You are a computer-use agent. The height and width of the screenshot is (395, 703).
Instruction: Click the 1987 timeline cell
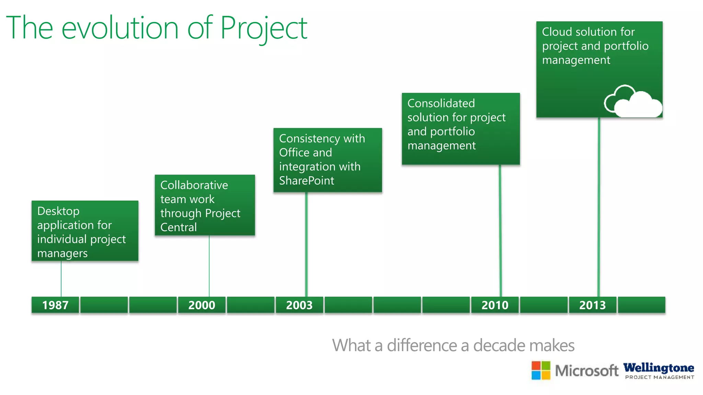click(x=55, y=305)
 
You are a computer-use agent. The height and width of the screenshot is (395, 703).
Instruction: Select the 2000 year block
click(x=201, y=305)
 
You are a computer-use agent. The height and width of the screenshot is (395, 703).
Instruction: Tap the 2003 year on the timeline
click(x=299, y=305)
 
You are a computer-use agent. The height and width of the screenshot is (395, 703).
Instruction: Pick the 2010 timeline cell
click(x=495, y=305)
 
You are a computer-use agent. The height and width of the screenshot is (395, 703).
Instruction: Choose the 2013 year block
click(x=592, y=305)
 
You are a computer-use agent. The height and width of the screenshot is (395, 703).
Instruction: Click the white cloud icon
click(x=633, y=102)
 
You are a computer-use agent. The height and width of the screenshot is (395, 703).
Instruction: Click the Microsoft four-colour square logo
click(x=541, y=370)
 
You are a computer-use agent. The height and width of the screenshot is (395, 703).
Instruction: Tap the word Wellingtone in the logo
click(x=658, y=368)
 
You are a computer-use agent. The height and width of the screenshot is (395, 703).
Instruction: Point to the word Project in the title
click(x=263, y=28)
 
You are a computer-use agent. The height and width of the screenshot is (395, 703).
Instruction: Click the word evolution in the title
click(x=120, y=28)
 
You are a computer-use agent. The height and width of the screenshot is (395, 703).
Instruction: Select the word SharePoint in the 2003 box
click(x=307, y=181)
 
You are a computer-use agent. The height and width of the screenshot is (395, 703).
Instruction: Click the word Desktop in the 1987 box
click(x=58, y=211)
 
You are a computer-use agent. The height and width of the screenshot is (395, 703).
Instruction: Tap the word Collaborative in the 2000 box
click(x=194, y=185)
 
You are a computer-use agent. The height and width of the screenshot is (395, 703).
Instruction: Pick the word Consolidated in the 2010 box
click(x=441, y=103)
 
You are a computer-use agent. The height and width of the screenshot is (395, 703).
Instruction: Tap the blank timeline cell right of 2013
click(x=641, y=305)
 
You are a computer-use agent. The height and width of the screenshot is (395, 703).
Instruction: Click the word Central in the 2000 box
click(x=178, y=227)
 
